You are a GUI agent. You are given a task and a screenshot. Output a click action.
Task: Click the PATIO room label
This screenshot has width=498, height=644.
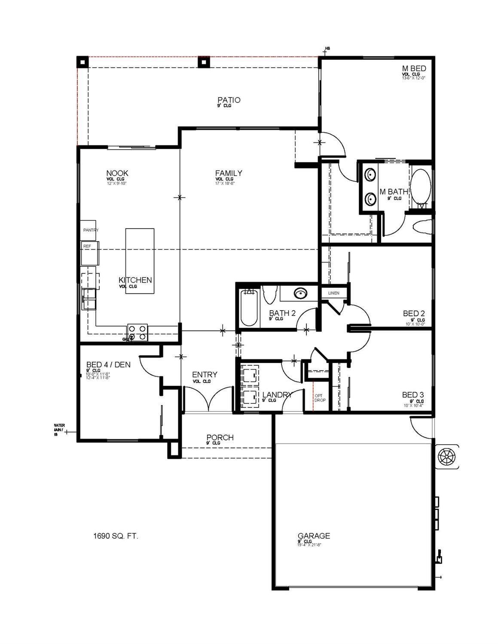click(x=229, y=100)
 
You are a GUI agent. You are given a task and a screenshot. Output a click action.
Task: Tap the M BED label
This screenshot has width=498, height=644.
click(x=414, y=69)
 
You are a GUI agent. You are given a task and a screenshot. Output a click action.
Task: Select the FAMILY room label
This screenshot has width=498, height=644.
click(x=229, y=173)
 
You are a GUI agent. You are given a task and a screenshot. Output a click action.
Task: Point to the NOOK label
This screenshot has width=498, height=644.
click(x=117, y=173)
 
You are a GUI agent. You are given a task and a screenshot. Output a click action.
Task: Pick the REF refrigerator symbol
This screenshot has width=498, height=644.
click(x=90, y=252)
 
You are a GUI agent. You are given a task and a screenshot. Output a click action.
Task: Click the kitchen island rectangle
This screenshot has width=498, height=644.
click(x=140, y=261)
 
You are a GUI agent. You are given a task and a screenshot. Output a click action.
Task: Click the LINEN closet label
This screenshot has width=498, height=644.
click(x=333, y=293)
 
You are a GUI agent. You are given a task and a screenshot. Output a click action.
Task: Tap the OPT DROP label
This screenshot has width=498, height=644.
click(x=320, y=398)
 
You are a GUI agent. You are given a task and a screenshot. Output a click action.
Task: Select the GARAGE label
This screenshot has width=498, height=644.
click(x=314, y=536)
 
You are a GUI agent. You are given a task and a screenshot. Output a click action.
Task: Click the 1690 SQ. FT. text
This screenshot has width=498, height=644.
click(x=116, y=536)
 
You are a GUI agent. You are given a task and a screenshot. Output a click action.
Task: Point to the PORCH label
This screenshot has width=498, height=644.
click(x=220, y=437)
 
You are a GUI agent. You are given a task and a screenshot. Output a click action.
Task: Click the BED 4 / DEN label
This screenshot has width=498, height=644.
click(x=108, y=365)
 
